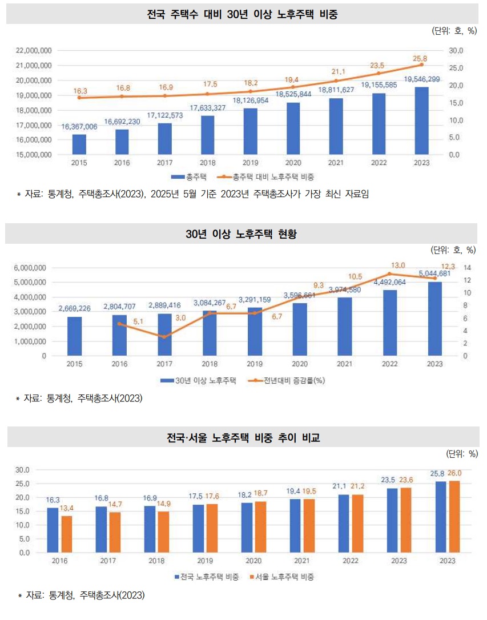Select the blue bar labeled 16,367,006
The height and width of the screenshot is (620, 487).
tap(79, 144)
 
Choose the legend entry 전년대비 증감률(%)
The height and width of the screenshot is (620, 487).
tap(289, 380)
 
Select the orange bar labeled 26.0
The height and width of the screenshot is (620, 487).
tap(454, 517)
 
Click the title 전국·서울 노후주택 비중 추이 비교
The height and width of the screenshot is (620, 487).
tap(243, 438)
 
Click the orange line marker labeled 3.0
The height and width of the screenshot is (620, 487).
tap(164, 337)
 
